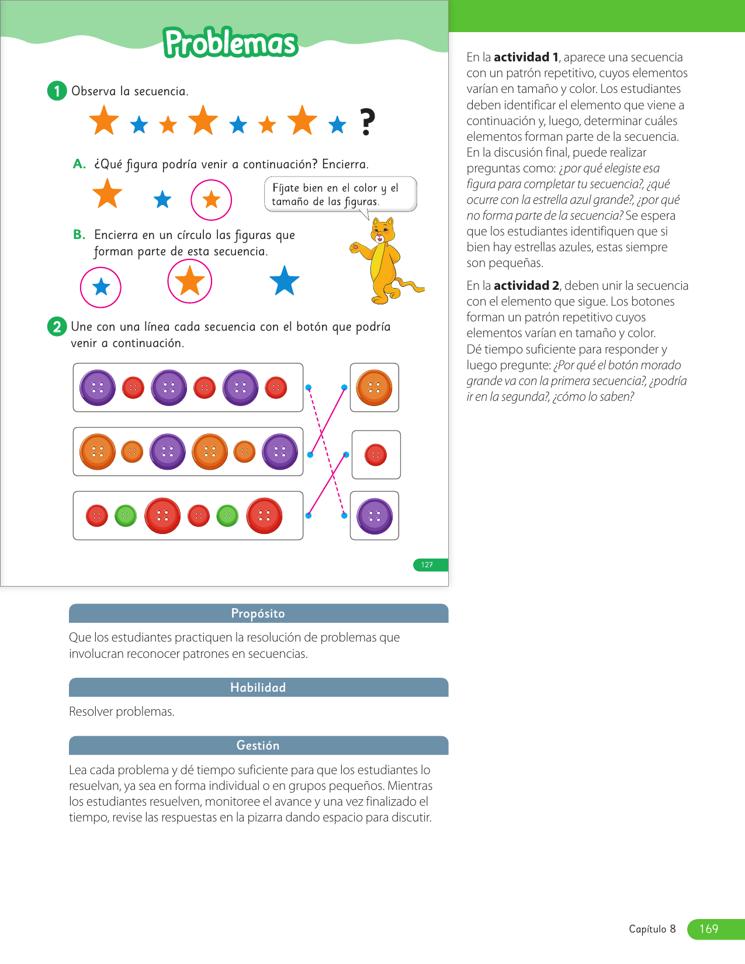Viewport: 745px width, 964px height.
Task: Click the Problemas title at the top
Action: click(x=231, y=43)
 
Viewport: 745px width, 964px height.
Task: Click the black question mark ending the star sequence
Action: click(x=366, y=122)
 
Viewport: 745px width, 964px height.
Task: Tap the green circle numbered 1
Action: click(x=57, y=91)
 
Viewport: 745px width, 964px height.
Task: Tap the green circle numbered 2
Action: click(x=57, y=327)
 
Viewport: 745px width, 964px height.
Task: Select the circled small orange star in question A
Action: click(x=211, y=200)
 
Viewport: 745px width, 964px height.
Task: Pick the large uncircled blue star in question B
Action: click(x=285, y=281)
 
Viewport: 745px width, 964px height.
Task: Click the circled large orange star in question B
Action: click(x=190, y=281)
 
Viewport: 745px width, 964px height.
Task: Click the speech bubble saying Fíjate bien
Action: click(x=340, y=194)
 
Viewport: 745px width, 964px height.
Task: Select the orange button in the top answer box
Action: click(x=374, y=387)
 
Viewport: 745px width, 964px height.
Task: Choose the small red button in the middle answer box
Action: click(x=376, y=455)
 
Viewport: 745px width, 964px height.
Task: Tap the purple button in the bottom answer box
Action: click(x=375, y=516)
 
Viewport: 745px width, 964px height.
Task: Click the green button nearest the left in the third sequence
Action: click(x=126, y=516)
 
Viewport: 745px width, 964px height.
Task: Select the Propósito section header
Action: click(x=258, y=613)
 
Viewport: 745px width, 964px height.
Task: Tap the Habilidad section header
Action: click(x=258, y=688)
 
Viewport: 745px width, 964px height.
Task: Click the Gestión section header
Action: click(x=258, y=745)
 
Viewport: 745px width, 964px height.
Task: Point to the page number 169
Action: click(x=709, y=929)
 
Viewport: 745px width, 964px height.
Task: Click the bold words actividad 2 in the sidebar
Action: click(x=526, y=286)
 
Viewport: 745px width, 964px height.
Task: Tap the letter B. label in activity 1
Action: click(x=79, y=235)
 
